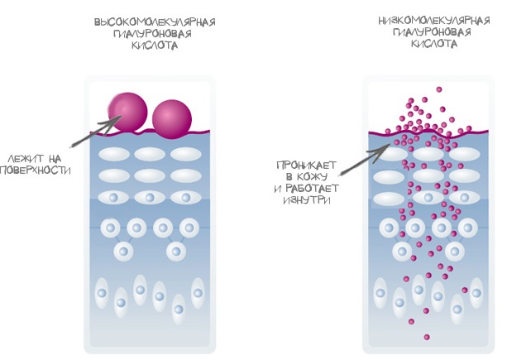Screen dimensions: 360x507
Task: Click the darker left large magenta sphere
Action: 129,113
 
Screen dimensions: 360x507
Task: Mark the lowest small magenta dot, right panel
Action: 427,336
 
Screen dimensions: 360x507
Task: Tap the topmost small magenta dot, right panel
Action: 439,89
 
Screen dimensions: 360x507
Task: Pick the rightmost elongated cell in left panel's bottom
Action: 198,291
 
